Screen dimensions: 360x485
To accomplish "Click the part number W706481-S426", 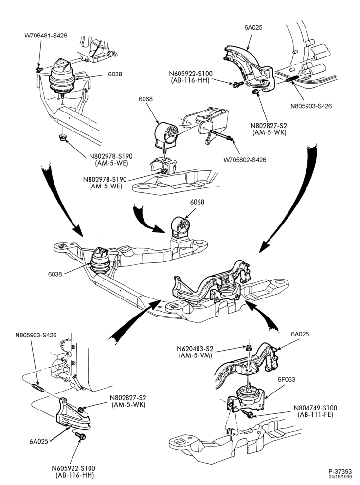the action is click(46, 36).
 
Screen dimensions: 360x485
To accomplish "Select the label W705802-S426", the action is click(245, 160).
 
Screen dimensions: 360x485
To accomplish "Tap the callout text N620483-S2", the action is click(195, 349).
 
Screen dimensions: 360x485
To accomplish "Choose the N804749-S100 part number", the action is click(315, 408).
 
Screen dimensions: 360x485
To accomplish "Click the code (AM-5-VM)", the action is click(195, 355).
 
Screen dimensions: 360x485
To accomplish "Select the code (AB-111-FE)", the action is click(316, 415).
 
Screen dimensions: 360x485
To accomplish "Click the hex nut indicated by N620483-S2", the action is click(248, 348).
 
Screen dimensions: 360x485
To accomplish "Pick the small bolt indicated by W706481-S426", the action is click(39, 69).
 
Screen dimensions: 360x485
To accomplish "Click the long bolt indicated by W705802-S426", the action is click(220, 136).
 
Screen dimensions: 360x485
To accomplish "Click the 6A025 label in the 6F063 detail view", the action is click(300, 334).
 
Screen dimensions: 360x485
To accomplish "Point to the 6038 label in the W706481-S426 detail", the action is click(115, 74).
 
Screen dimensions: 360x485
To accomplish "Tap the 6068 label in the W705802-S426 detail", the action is click(145, 99).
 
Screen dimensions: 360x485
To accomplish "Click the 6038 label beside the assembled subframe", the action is click(55, 274).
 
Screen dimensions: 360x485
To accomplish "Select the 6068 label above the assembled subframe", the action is click(197, 202).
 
